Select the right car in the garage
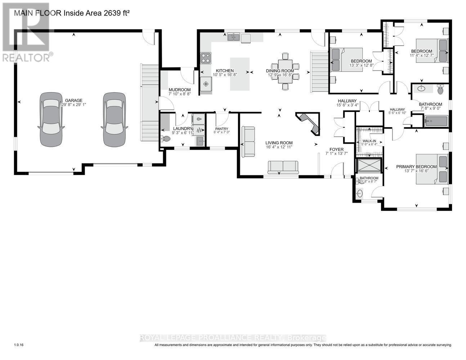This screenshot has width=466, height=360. (115, 119)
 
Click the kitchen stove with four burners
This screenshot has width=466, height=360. (206, 58)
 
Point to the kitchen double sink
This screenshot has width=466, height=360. (234, 37)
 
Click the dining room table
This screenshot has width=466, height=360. (285, 71)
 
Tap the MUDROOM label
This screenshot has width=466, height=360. (179, 90)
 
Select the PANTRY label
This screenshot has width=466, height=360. (222, 129)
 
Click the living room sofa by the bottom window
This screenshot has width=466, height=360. (283, 167)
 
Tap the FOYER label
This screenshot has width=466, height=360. (337, 149)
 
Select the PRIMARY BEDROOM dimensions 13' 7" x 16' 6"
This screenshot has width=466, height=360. (416, 171)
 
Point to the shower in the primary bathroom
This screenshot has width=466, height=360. (369, 165)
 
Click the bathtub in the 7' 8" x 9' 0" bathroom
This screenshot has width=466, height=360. (436, 121)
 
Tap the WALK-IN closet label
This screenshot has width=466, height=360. (369, 141)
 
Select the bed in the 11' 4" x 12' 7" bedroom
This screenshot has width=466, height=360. (431, 50)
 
